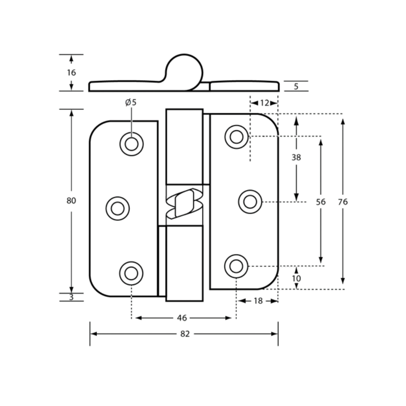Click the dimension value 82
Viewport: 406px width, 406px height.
185,334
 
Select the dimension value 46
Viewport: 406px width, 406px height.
182,318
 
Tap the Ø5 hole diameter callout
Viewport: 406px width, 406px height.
131,103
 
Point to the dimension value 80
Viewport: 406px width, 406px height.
71,201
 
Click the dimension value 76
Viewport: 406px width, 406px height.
343,202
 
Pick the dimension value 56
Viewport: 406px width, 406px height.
321,202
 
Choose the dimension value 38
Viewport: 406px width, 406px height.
296,157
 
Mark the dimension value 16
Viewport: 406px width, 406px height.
71,73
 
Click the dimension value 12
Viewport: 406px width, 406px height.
264,103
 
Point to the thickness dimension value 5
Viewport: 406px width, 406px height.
296,86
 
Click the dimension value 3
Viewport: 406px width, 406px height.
71,297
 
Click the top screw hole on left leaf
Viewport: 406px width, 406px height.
132,144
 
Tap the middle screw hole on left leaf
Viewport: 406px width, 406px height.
118,208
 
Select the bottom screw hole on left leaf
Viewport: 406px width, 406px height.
131,273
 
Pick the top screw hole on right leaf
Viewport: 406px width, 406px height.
236,137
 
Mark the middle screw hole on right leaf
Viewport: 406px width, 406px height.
250,202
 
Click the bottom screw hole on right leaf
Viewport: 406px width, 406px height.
236,266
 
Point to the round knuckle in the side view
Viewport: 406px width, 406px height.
184,73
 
